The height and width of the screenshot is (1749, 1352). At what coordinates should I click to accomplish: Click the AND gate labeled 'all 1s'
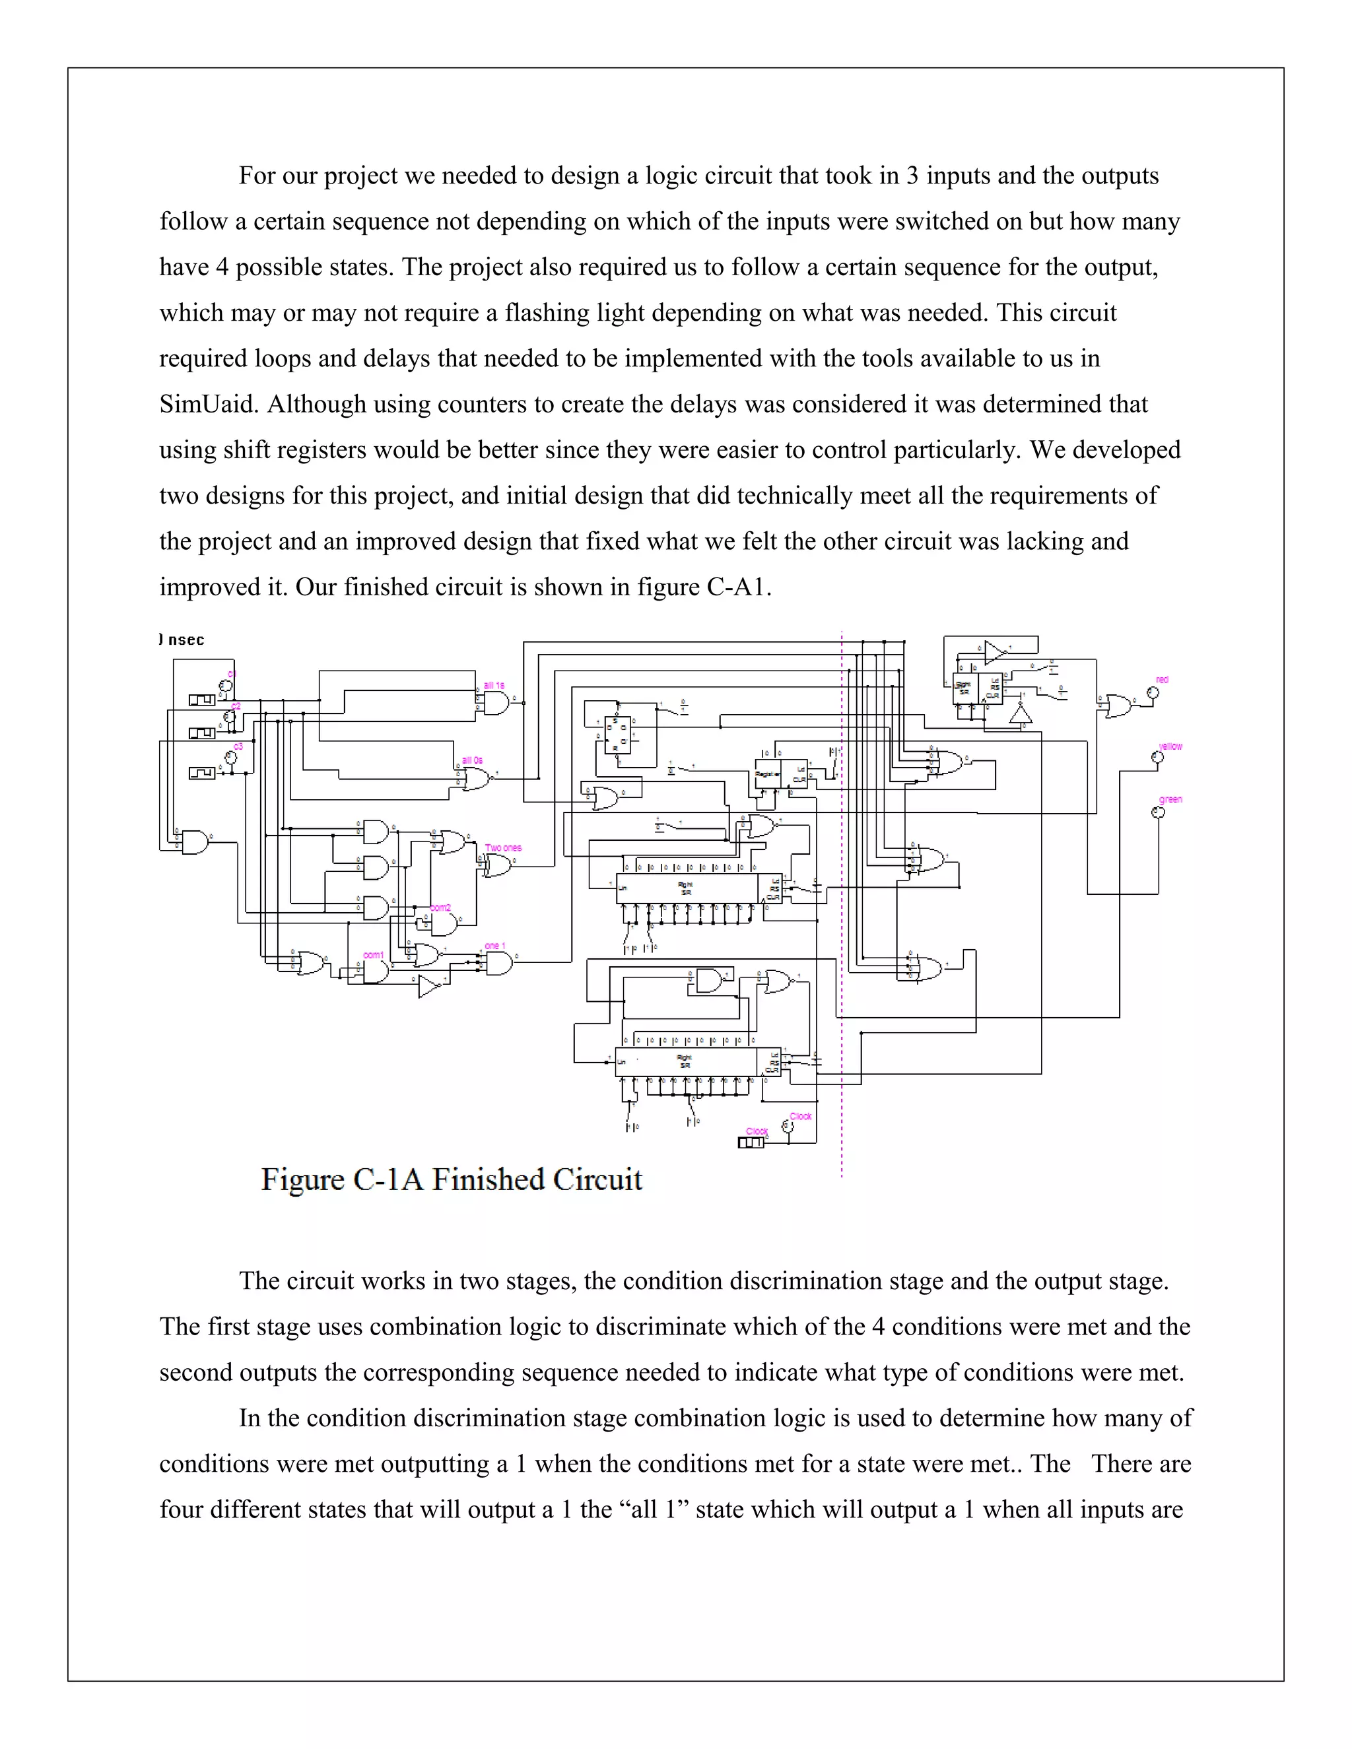[496, 703]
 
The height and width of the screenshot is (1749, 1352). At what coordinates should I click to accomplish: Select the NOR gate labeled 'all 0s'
[476, 777]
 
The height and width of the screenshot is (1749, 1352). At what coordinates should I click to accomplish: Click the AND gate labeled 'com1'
[375, 972]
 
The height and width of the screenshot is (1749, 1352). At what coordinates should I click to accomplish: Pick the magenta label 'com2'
[440, 907]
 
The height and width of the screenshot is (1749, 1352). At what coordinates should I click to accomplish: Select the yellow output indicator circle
[1157, 757]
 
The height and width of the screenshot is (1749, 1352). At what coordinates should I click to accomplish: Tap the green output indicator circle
[1157, 813]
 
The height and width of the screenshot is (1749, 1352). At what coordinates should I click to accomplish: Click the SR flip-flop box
[617, 735]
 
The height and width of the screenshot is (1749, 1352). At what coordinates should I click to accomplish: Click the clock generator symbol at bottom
[751, 1142]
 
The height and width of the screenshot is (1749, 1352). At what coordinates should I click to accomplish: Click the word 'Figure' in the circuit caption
[301, 1179]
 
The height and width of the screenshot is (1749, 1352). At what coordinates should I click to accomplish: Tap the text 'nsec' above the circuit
[186, 640]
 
